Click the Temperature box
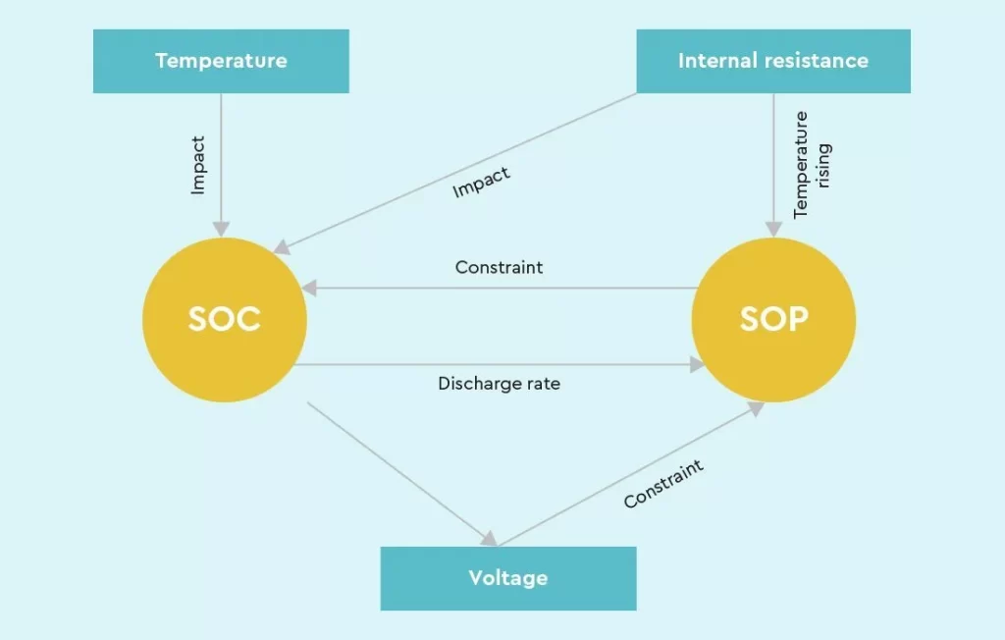[x=221, y=61]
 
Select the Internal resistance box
[x=773, y=61]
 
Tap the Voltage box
[x=508, y=578]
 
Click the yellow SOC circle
[x=225, y=319]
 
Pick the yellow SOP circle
[x=773, y=319]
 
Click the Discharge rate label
[x=500, y=384]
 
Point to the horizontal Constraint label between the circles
[x=500, y=267]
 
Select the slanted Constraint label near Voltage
[x=663, y=484]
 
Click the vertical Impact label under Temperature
[x=198, y=165]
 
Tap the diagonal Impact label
[x=481, y=183]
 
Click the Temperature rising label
[x=812, y=165]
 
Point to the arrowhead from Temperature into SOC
[x=221, y=229]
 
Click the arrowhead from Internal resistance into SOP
[x=773, y=229]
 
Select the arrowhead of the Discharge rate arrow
[x=698, y=365]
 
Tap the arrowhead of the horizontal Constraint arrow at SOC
[x=309, y=288]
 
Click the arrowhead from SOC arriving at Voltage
[x=490, y=539]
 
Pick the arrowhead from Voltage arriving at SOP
[x=757, y=408]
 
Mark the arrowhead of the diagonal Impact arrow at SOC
[x=282, y=247]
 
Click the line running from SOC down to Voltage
[x=398, y=472]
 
